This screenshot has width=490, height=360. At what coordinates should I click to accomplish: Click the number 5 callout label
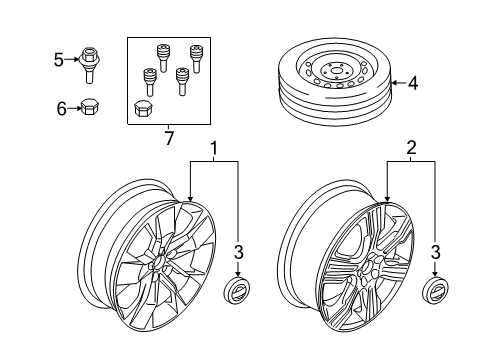57,60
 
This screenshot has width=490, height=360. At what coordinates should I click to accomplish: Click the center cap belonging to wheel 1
240,291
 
